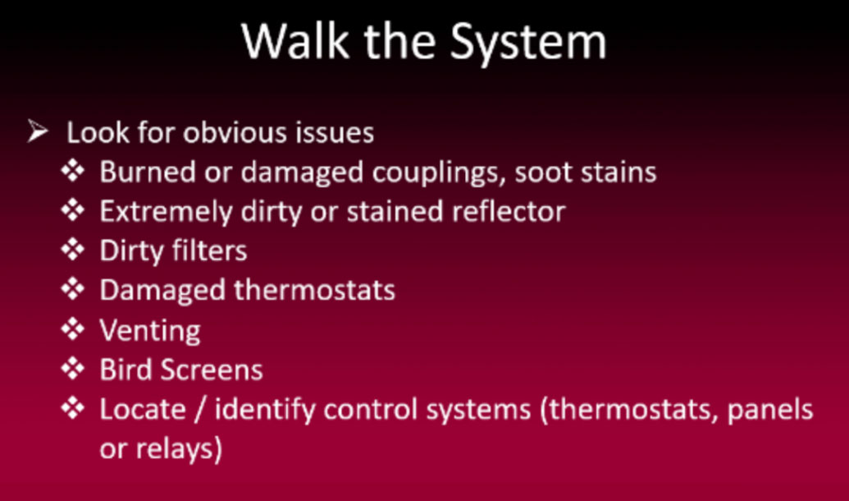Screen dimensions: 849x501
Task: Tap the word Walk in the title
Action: (294, 40)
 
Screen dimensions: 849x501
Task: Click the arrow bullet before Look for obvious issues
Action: (38, 131)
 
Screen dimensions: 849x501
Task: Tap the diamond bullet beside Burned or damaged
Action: (72, 172)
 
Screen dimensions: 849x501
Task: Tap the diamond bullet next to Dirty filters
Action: (72, 250)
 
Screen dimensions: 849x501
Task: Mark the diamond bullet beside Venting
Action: (72, 329)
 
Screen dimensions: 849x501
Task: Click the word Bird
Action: (126, 370)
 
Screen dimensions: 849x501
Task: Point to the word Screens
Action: (211, 370)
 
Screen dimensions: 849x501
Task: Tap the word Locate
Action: (143, 409)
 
